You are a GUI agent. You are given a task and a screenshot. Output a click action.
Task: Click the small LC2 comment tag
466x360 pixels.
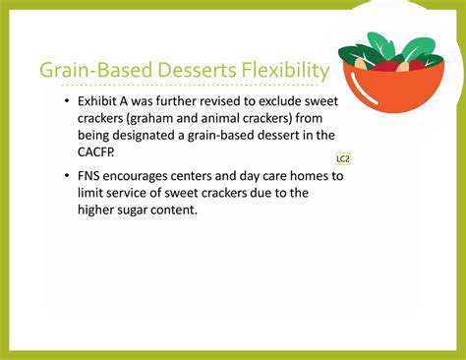343,157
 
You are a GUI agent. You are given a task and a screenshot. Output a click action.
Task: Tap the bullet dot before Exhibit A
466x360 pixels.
66,102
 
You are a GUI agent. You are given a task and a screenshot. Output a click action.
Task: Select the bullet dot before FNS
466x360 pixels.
66,175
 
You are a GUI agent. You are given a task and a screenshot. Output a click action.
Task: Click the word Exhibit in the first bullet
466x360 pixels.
99,101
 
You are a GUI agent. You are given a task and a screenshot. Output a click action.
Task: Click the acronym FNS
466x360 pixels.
91,175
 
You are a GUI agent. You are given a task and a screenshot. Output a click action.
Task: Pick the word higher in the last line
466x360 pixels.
98,210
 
